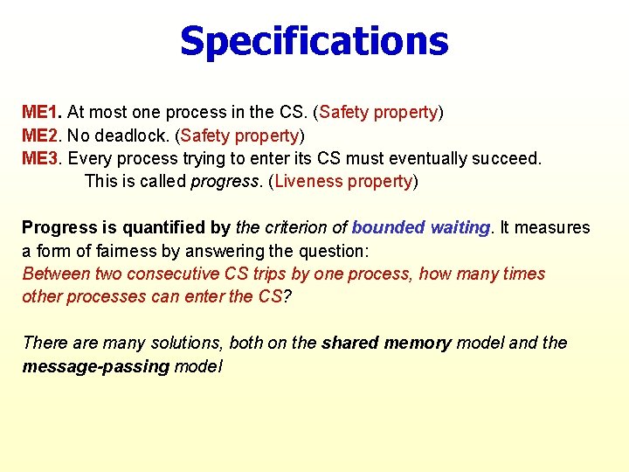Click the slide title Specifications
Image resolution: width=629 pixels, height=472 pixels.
314,41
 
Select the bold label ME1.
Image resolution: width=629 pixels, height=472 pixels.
41,113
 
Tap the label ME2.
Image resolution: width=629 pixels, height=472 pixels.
41,135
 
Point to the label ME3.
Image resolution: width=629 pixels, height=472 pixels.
41,158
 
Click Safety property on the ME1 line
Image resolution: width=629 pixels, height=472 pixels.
379,113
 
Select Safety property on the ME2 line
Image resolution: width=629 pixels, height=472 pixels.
240,135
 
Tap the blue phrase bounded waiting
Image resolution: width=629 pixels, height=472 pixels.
420,228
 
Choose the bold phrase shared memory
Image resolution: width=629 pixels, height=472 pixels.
386,343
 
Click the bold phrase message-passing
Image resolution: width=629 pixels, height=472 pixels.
95,366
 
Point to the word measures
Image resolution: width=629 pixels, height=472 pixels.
556,228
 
